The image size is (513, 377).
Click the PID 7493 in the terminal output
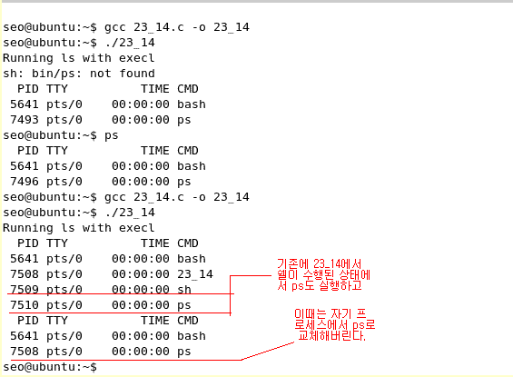[x=25, y=120]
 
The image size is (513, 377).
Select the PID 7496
[x=25, y=182]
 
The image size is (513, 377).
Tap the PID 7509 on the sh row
[x=25, y=289]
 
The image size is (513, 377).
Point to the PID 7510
[x=25, y=305]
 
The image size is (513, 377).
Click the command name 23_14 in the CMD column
[x=195, y=274]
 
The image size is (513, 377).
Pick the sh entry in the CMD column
[x=184, y=289]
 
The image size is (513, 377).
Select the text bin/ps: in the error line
[x=57, y=74]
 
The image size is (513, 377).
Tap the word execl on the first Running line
[x=137, y=58]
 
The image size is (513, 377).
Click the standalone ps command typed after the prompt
[x=112, y=136]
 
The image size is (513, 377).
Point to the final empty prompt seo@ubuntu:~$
[x=50, y=367]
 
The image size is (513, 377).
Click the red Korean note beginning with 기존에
[x=323, y=275]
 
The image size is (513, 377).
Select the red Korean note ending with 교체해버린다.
[x=335, y=324]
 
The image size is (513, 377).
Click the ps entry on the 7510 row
[x=184, y=305]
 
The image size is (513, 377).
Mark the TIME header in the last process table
[x=155, y=321]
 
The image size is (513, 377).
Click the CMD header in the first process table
[x=188, y=89]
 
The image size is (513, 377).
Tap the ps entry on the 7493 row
[x=184, y=120]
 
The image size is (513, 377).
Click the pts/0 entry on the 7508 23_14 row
[x=64, y=274]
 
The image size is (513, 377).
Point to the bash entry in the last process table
[x=192, y=336]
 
